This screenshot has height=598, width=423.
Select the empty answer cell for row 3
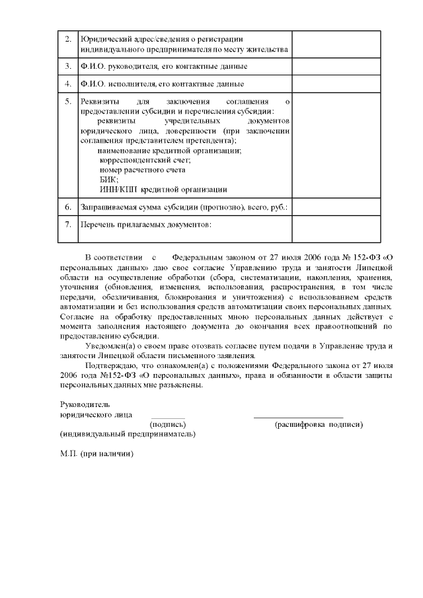[x=336, y=67]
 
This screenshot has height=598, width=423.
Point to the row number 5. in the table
[x=68, y=102]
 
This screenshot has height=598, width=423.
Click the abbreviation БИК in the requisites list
[x=108, y=179]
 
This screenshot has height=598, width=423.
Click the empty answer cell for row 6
[x=336, y=207]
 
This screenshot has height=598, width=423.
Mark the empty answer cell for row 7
[x=336, y=230]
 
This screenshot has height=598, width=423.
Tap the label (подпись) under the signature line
[x=169, y=424]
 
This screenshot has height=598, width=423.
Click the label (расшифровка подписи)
[x=319, y=424]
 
